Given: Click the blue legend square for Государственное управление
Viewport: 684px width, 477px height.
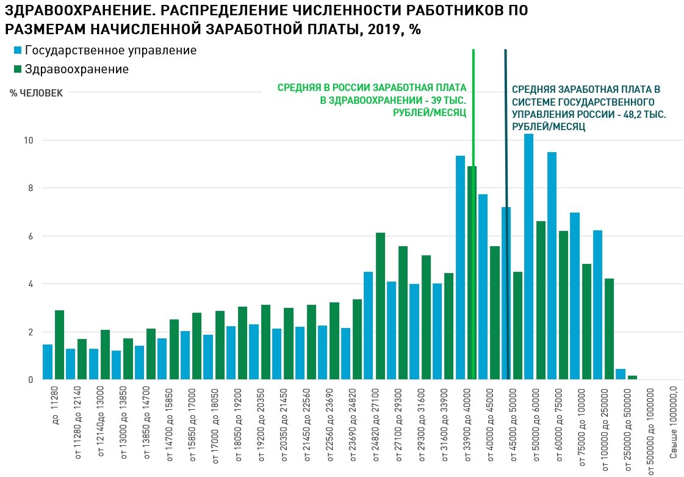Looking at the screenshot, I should [17, 50].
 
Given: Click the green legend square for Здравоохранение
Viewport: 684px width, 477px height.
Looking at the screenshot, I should [17, 69].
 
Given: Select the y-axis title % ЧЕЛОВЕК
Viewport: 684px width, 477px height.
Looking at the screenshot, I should [36, 93].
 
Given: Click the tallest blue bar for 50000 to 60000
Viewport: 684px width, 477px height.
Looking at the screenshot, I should [529, 257].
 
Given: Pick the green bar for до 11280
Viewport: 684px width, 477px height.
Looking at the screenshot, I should [59, 345].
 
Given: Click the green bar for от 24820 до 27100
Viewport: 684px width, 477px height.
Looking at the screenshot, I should [380, 306].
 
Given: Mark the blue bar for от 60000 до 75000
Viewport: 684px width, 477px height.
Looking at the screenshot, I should [552, 266].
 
